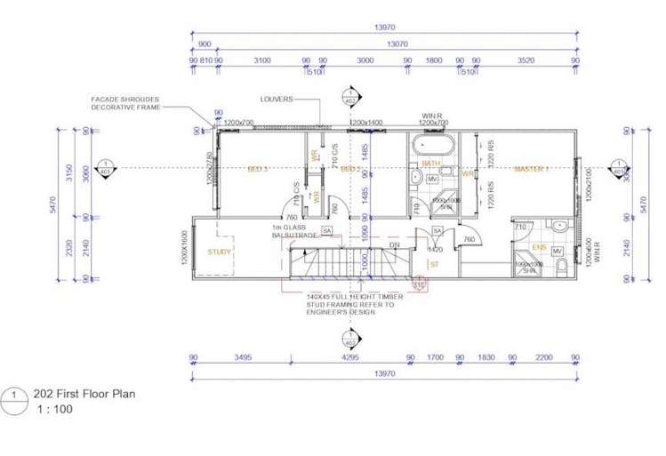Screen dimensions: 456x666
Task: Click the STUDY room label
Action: pyautogui.click(x=219, y=252)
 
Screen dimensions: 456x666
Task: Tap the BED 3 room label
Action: pyautogui.click(x=259, y=168)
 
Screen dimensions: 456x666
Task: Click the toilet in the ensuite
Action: pyautogui.click(x=558, y=226)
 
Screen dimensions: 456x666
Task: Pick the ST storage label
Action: pyautogui.click(x=435, y=264)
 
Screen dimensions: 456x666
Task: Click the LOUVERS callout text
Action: pyautogui.click(x=277, y=100)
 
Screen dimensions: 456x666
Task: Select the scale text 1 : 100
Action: pyautogui.click(x=54, y=410)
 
